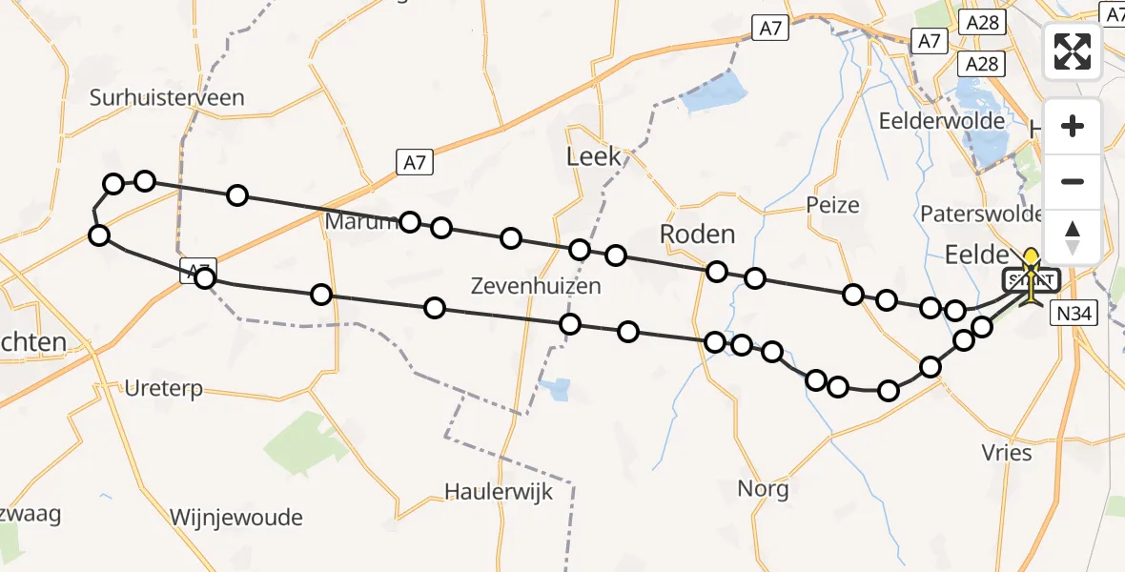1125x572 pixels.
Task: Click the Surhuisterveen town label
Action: click(x=167, y=97)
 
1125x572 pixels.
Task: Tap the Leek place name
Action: click(x=593, y=156)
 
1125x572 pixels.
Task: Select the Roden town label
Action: click(x=698, y=235)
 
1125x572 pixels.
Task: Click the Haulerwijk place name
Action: click(x=499, y=492)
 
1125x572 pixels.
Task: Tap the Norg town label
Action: click(x=763, y=489)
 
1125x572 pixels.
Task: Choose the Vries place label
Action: click(x=1006, y=453)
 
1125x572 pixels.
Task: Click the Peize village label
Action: click(x=831, y=205)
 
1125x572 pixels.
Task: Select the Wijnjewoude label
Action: click(x=235, y=519)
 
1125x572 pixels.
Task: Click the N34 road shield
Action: click(x=1075, y=312)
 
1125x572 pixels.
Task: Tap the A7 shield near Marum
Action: click(x=414, y=163)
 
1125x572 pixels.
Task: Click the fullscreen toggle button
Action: click(x=1073, y=51)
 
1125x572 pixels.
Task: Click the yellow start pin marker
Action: click(x=1032, y=260)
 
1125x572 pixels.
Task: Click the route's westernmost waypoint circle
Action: click(x=98, y=235)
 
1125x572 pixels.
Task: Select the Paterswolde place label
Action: click(x=980, y=212)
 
